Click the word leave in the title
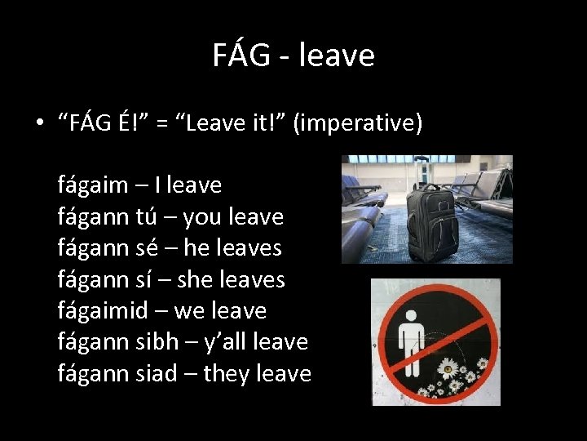point(337,55)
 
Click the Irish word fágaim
point(93,185)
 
